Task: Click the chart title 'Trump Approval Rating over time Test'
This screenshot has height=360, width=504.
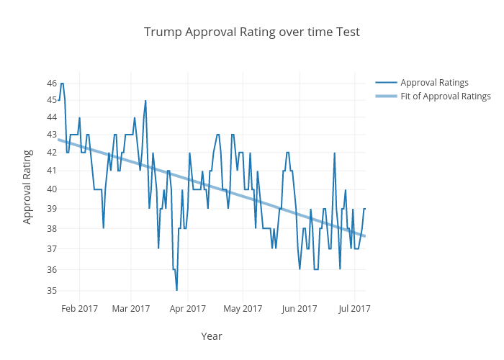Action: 251,32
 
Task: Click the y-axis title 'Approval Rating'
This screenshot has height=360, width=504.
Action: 27,186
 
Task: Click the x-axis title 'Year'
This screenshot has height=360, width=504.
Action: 211,336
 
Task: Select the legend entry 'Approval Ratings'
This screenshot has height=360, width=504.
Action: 434,82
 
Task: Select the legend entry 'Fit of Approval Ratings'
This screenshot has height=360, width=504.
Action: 445,96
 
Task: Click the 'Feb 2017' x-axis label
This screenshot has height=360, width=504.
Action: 79,309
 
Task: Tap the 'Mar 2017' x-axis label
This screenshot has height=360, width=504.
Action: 131,309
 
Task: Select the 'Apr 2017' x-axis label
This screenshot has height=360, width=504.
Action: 187,309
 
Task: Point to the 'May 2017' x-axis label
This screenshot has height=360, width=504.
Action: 243,309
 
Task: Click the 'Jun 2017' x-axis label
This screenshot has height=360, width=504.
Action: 300,309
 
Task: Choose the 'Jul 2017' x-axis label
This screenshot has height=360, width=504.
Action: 354,309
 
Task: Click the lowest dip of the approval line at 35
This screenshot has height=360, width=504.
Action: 176,290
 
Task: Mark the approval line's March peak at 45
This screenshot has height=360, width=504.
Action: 145,101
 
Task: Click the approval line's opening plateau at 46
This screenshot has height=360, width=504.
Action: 62,84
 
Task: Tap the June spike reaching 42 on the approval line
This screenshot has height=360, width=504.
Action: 334,153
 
